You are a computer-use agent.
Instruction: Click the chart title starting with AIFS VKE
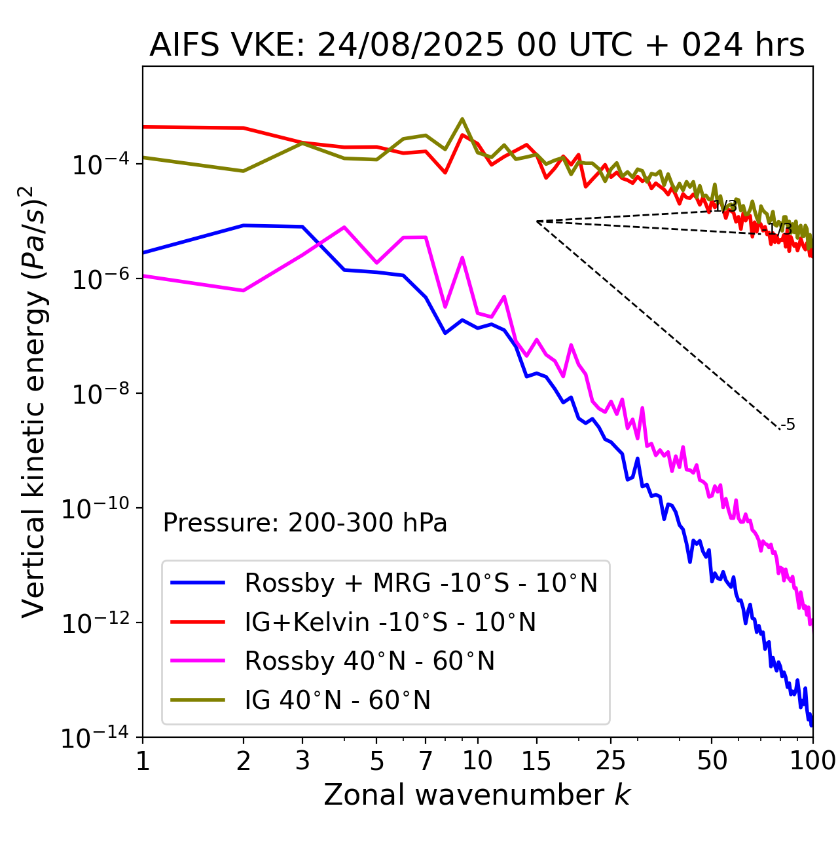pyautogui.click(x=477, y=46)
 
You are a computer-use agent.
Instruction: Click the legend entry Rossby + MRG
pyautogui.click(x=420, y=583)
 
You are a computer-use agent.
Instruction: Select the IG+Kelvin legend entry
pyautogui.click(x=390, y=622)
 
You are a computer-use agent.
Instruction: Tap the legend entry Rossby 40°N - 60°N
pyautogui.click(x=369, y=661)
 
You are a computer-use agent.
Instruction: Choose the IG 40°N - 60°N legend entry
pyautogui.click(x=338, y=700)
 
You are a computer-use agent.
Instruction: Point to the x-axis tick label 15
pyautogui.click(x=537, y=760)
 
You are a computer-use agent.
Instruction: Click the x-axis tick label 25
pyautogui.click(x=610, y=760)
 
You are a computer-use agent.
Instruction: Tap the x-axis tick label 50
pyautogui.click(x=712, y=760)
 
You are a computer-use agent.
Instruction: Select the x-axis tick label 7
pyautogui.click(x=426, y=760)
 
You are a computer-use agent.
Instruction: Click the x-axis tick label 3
pyautogui.click(x=302, y=760)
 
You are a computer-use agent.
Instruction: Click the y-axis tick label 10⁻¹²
pyautogui.click(x=95, y=623)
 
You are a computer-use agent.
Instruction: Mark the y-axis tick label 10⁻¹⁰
pyautogui.click(x=95, y=508)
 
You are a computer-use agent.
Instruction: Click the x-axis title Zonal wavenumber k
pyautogui.click(x=477, y=795)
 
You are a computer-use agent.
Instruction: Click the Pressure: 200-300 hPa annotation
pyautogui.click(x=305, y=523)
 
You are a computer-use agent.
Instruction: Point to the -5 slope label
pyautogui.click(x=788, y=425)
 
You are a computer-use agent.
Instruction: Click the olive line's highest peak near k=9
pyautogui.click(x=462, y=119)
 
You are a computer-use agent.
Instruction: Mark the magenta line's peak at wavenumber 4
pyautogui.click(x=344, y=227)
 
